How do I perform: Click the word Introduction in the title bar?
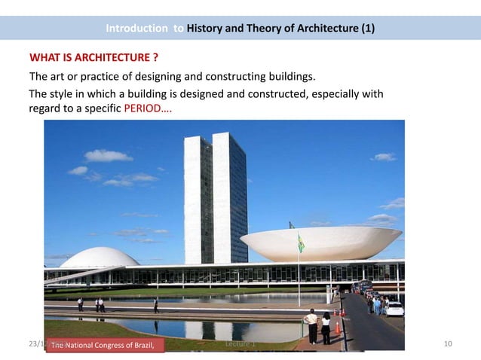137,29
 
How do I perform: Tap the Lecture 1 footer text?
240,344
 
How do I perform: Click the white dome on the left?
99,258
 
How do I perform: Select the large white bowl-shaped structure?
320,243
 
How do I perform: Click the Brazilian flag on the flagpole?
301,243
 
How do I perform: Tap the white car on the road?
394,308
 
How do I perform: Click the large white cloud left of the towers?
109,156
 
